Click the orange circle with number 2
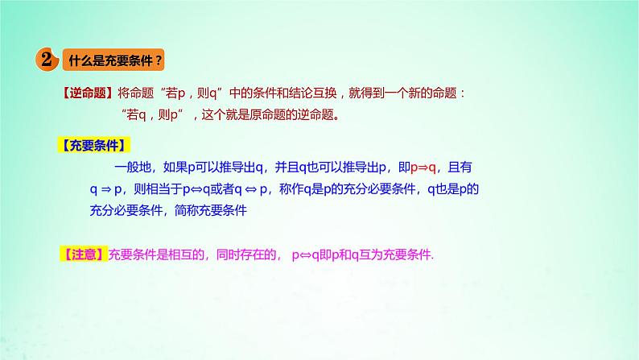click(47, 60)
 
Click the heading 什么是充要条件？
click(115, 60)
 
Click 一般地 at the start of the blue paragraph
click(130, 168)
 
